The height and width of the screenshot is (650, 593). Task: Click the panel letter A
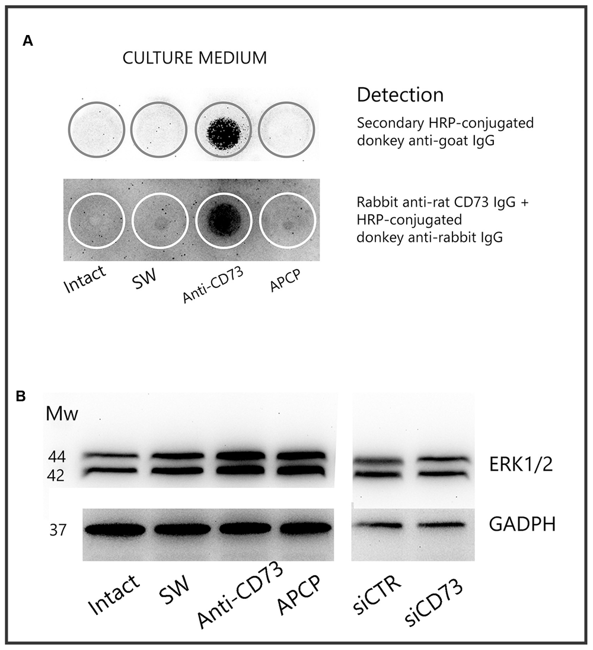27,41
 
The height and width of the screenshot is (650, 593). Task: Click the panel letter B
21,396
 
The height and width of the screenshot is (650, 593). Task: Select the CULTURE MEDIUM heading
194,58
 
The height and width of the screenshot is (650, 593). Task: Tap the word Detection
400,94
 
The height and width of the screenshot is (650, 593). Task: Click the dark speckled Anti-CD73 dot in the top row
223,129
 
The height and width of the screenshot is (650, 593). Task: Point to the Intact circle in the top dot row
96,129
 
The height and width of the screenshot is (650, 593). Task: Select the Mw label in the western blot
62,414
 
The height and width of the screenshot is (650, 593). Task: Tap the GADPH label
522,524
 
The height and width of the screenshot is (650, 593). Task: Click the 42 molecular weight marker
57,475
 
